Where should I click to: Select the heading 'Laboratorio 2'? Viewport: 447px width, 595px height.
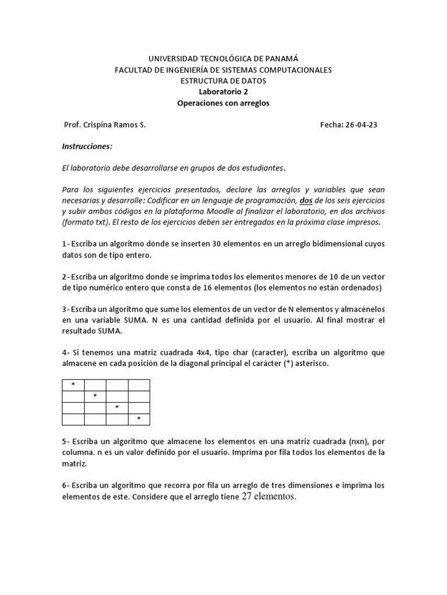[223, 92]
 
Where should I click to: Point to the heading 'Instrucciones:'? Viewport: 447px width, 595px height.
[87, 146]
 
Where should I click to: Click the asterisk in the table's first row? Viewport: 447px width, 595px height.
[73, 385]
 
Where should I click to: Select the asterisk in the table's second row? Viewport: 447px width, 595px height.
[95, 396]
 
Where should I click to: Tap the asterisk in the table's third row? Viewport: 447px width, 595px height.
[117, 407]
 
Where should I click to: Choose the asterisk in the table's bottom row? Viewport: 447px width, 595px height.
[139, 418]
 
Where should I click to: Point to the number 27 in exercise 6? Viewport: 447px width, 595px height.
[249, 496]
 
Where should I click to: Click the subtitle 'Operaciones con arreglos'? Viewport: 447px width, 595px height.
[223, 103]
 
